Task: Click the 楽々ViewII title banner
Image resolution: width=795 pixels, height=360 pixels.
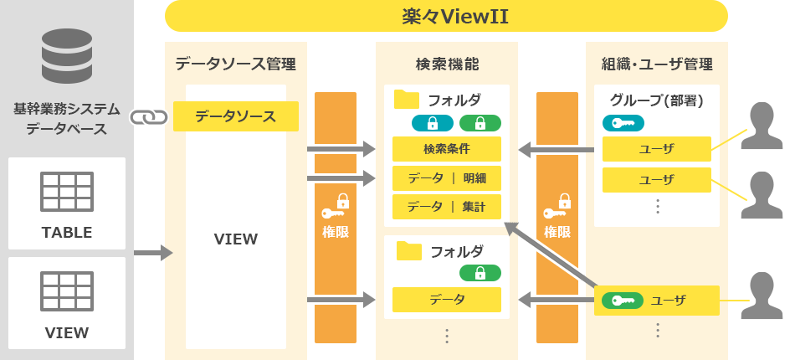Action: (446, 16)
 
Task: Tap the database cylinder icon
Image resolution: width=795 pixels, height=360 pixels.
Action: (67, 56)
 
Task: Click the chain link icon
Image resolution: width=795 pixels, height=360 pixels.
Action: (149, 117)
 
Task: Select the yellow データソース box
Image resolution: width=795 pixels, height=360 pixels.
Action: (236, 116)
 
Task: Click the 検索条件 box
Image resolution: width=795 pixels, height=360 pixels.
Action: (447, 149)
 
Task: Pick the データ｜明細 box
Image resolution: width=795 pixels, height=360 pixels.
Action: (447, 178)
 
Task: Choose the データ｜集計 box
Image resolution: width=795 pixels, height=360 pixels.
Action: (447, 207)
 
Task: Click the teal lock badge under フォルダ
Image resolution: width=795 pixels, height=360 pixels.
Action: (433, 123)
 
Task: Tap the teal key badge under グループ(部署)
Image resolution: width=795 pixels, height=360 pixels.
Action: (623, 123)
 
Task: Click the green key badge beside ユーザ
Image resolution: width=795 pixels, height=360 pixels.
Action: (623, 301)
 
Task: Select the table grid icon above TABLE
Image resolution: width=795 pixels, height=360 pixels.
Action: (67, 192)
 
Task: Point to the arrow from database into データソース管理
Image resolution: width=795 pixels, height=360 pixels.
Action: (154, 253)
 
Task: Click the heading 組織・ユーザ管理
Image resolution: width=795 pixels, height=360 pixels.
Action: (657, 64)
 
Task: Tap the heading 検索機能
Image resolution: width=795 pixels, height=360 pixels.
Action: (447, 64)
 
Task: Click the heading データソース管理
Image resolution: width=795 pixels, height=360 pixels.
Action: (236, 64)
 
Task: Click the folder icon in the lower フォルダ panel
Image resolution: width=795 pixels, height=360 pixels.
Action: (409, 250)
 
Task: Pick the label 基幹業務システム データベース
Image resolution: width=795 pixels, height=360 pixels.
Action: (67, 119)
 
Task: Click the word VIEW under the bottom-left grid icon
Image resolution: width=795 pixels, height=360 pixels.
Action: (67, 332)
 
